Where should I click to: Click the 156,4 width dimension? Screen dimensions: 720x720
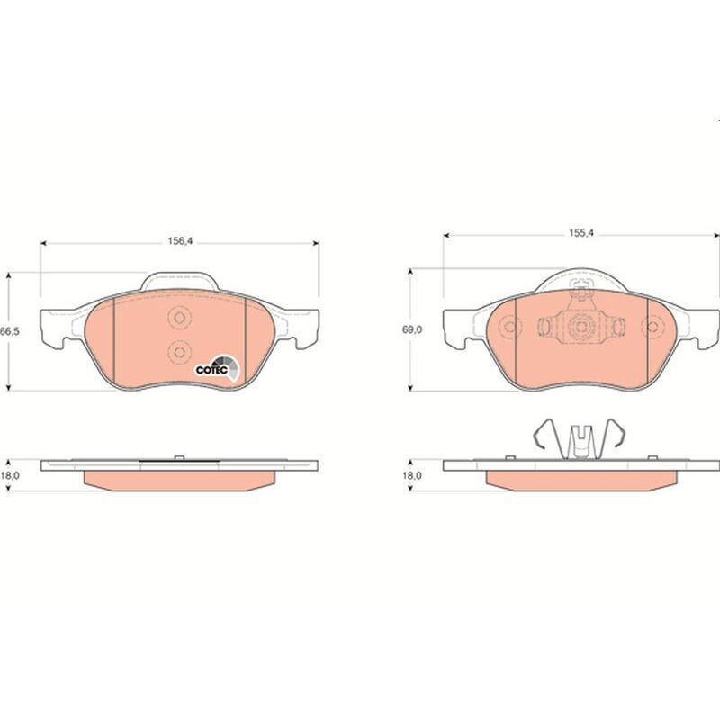179,241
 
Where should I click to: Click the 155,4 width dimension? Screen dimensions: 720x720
581,233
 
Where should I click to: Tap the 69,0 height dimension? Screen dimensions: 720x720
412,329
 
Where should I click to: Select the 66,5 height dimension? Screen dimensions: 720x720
10,331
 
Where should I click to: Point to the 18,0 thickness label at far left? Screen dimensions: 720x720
10,476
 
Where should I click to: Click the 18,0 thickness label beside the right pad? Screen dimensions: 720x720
412,476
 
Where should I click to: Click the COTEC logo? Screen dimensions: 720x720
218,368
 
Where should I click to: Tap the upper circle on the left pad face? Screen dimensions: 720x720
179,318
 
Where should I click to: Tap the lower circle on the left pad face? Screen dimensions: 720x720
179,352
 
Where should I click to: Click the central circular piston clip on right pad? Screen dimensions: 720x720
580,327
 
